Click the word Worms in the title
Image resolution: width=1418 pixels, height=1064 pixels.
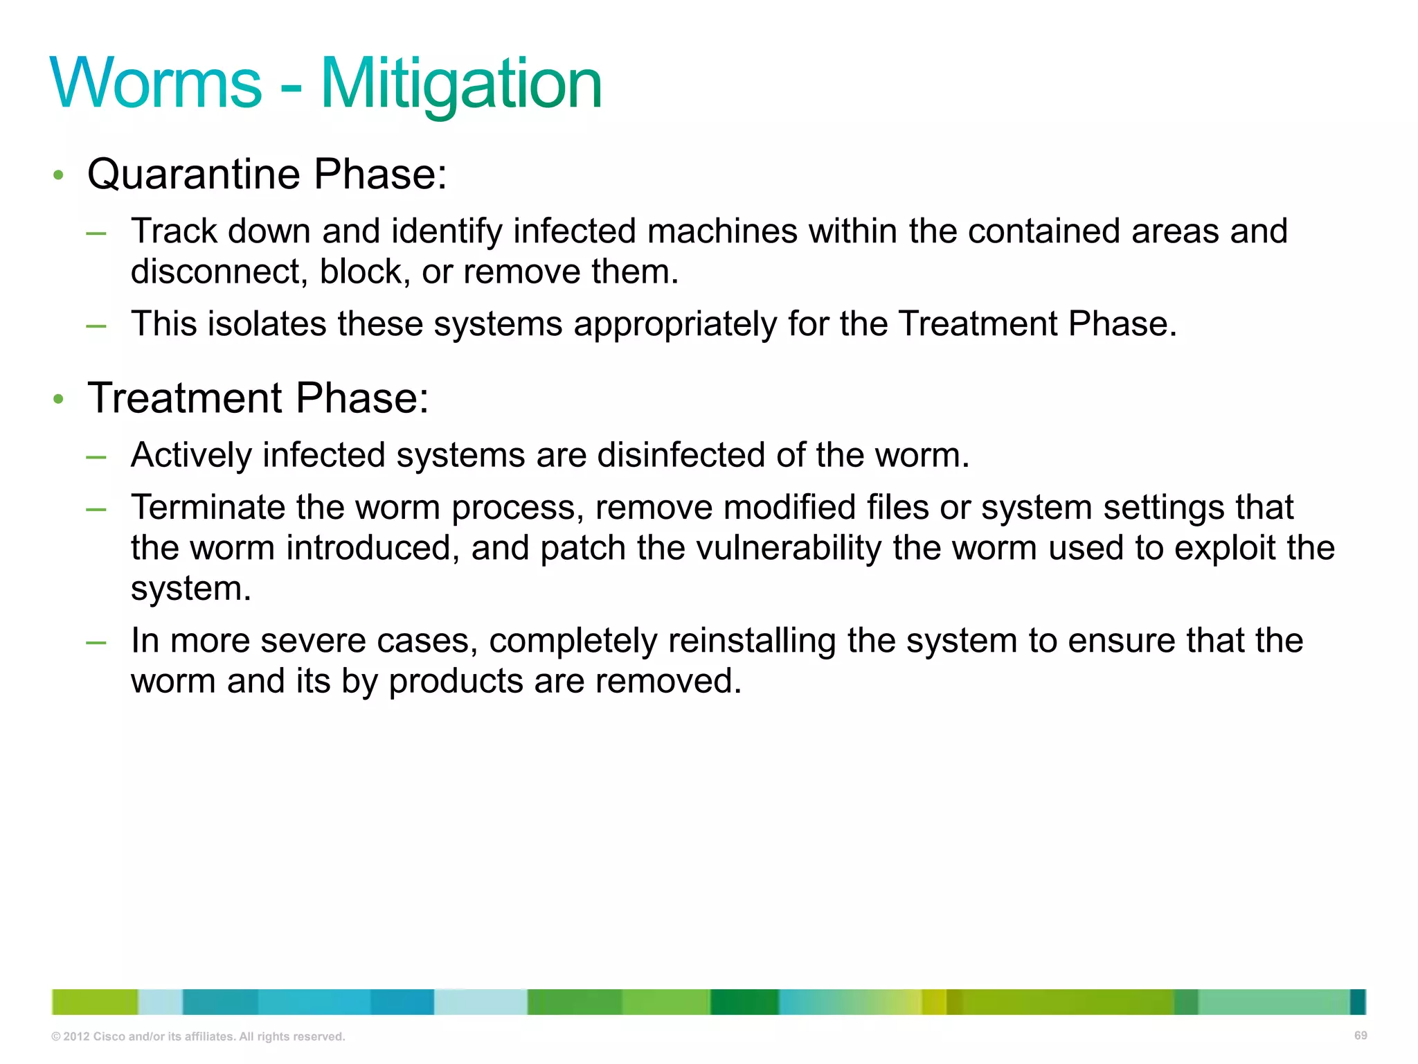[x=156, y=84]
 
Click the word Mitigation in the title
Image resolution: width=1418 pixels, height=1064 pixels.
[x=461, y=84]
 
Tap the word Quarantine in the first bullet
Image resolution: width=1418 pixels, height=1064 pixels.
[x=194, y=174]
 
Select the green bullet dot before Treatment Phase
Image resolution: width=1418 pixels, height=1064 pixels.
[x=59, y=399]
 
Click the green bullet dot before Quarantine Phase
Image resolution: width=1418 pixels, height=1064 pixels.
[x=59, y=175]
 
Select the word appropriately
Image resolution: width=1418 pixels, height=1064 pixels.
[x=675, y=324]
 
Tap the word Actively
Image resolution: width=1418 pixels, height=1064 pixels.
[x=191, y=455]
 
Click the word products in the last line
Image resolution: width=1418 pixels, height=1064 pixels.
[x=456, y=682]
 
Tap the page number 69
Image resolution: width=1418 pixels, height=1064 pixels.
[x=1360, y=1036]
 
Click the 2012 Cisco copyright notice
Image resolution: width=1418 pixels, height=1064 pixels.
[x=198, y=1037]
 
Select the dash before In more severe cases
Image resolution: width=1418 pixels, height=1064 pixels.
[x=96, y=643]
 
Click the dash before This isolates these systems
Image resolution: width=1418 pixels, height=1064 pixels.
[x=96, y=326]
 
